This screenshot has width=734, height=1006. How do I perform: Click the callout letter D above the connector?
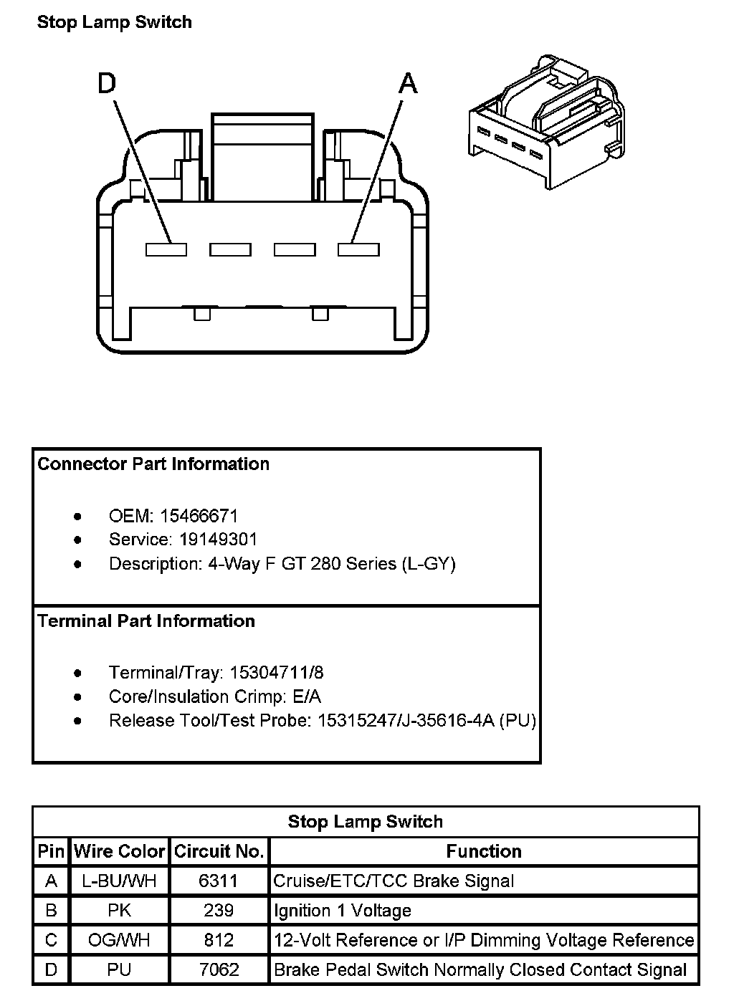[106, 84]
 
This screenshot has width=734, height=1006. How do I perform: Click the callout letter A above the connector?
[407, 84]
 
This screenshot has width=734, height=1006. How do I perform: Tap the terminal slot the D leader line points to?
[166, 249]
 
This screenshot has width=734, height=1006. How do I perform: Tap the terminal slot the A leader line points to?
[358, 249]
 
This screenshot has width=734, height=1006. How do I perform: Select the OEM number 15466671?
[199, 516]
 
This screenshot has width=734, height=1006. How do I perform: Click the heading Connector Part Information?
[153, 464]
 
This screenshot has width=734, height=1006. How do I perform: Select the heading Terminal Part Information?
[146, 621]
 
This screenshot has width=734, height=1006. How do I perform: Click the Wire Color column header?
[120, 851]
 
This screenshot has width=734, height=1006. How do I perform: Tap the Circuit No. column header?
[219, 851]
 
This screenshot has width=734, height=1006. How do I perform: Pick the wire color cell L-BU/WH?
[120, 881]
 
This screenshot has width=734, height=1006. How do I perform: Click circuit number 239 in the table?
[219, 911]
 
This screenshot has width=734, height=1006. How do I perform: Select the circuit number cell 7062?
[219, 969]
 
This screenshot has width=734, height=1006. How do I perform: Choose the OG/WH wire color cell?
[120, 940]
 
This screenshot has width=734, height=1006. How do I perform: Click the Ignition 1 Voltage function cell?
[343, 911]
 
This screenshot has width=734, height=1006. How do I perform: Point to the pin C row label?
[51, 940]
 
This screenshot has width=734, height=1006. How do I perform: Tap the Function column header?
[484, 851]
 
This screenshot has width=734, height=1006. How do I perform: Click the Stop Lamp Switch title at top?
[115, 22]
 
